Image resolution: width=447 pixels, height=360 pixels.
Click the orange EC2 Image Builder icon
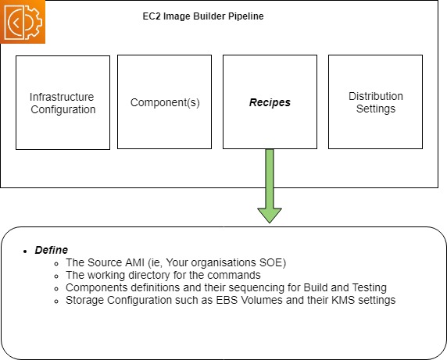[x=22, y=22]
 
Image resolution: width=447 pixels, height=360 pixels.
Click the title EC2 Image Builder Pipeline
[x=203, y=16]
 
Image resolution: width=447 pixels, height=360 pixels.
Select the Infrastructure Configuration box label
[x=63, y=103]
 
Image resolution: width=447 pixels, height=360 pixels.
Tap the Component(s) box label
[x=165, y=102]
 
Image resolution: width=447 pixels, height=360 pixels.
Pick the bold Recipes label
[x=270, y=102]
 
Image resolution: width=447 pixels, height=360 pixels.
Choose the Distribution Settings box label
[x=376, y=102]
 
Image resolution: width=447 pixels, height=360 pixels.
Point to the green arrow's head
[x=270, y=216]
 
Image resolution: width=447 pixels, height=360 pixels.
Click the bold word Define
[x=52, y=250]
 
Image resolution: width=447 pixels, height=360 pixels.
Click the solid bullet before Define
[x=25, y=251]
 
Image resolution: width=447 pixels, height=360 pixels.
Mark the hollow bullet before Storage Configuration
[x=56, y=301]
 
